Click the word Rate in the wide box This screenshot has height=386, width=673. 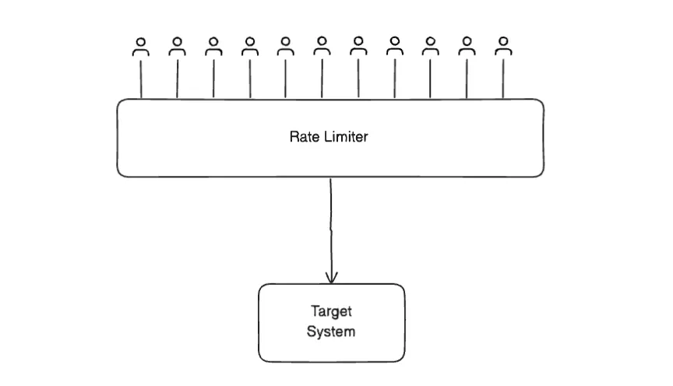coord(303,137)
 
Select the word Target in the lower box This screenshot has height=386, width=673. coord(331,312)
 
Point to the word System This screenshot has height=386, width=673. coord(331,332)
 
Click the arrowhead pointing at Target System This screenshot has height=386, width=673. coord(332,276)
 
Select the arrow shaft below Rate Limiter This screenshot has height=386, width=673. coord(331,226)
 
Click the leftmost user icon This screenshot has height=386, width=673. coord(141,47)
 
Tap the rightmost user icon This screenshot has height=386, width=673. coord(503,47)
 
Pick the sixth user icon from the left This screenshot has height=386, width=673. coord(322,47)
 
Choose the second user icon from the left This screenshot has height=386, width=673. coord(177,47)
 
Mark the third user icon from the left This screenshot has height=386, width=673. coord(213,47)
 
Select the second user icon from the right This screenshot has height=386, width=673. coord(467,47)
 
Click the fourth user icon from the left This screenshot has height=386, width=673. coord(249,47)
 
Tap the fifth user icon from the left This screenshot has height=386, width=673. coord(285,47)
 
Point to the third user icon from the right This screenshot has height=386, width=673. coord(430,47)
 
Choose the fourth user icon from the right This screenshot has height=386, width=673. coord(394,47)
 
